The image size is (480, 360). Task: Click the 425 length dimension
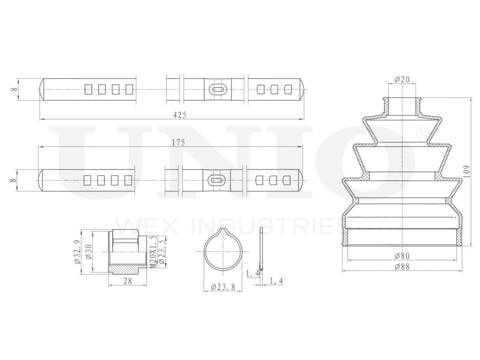(179, 115)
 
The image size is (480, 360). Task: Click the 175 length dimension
(178, 142)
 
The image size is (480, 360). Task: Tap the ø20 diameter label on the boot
(402, 79)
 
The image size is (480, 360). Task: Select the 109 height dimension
(466, 172)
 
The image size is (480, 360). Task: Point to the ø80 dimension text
(402, 255)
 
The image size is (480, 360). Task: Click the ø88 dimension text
(402, 267)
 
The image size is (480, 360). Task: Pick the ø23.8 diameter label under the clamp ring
(223, 287)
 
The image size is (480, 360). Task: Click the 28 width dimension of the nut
(128, 281)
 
